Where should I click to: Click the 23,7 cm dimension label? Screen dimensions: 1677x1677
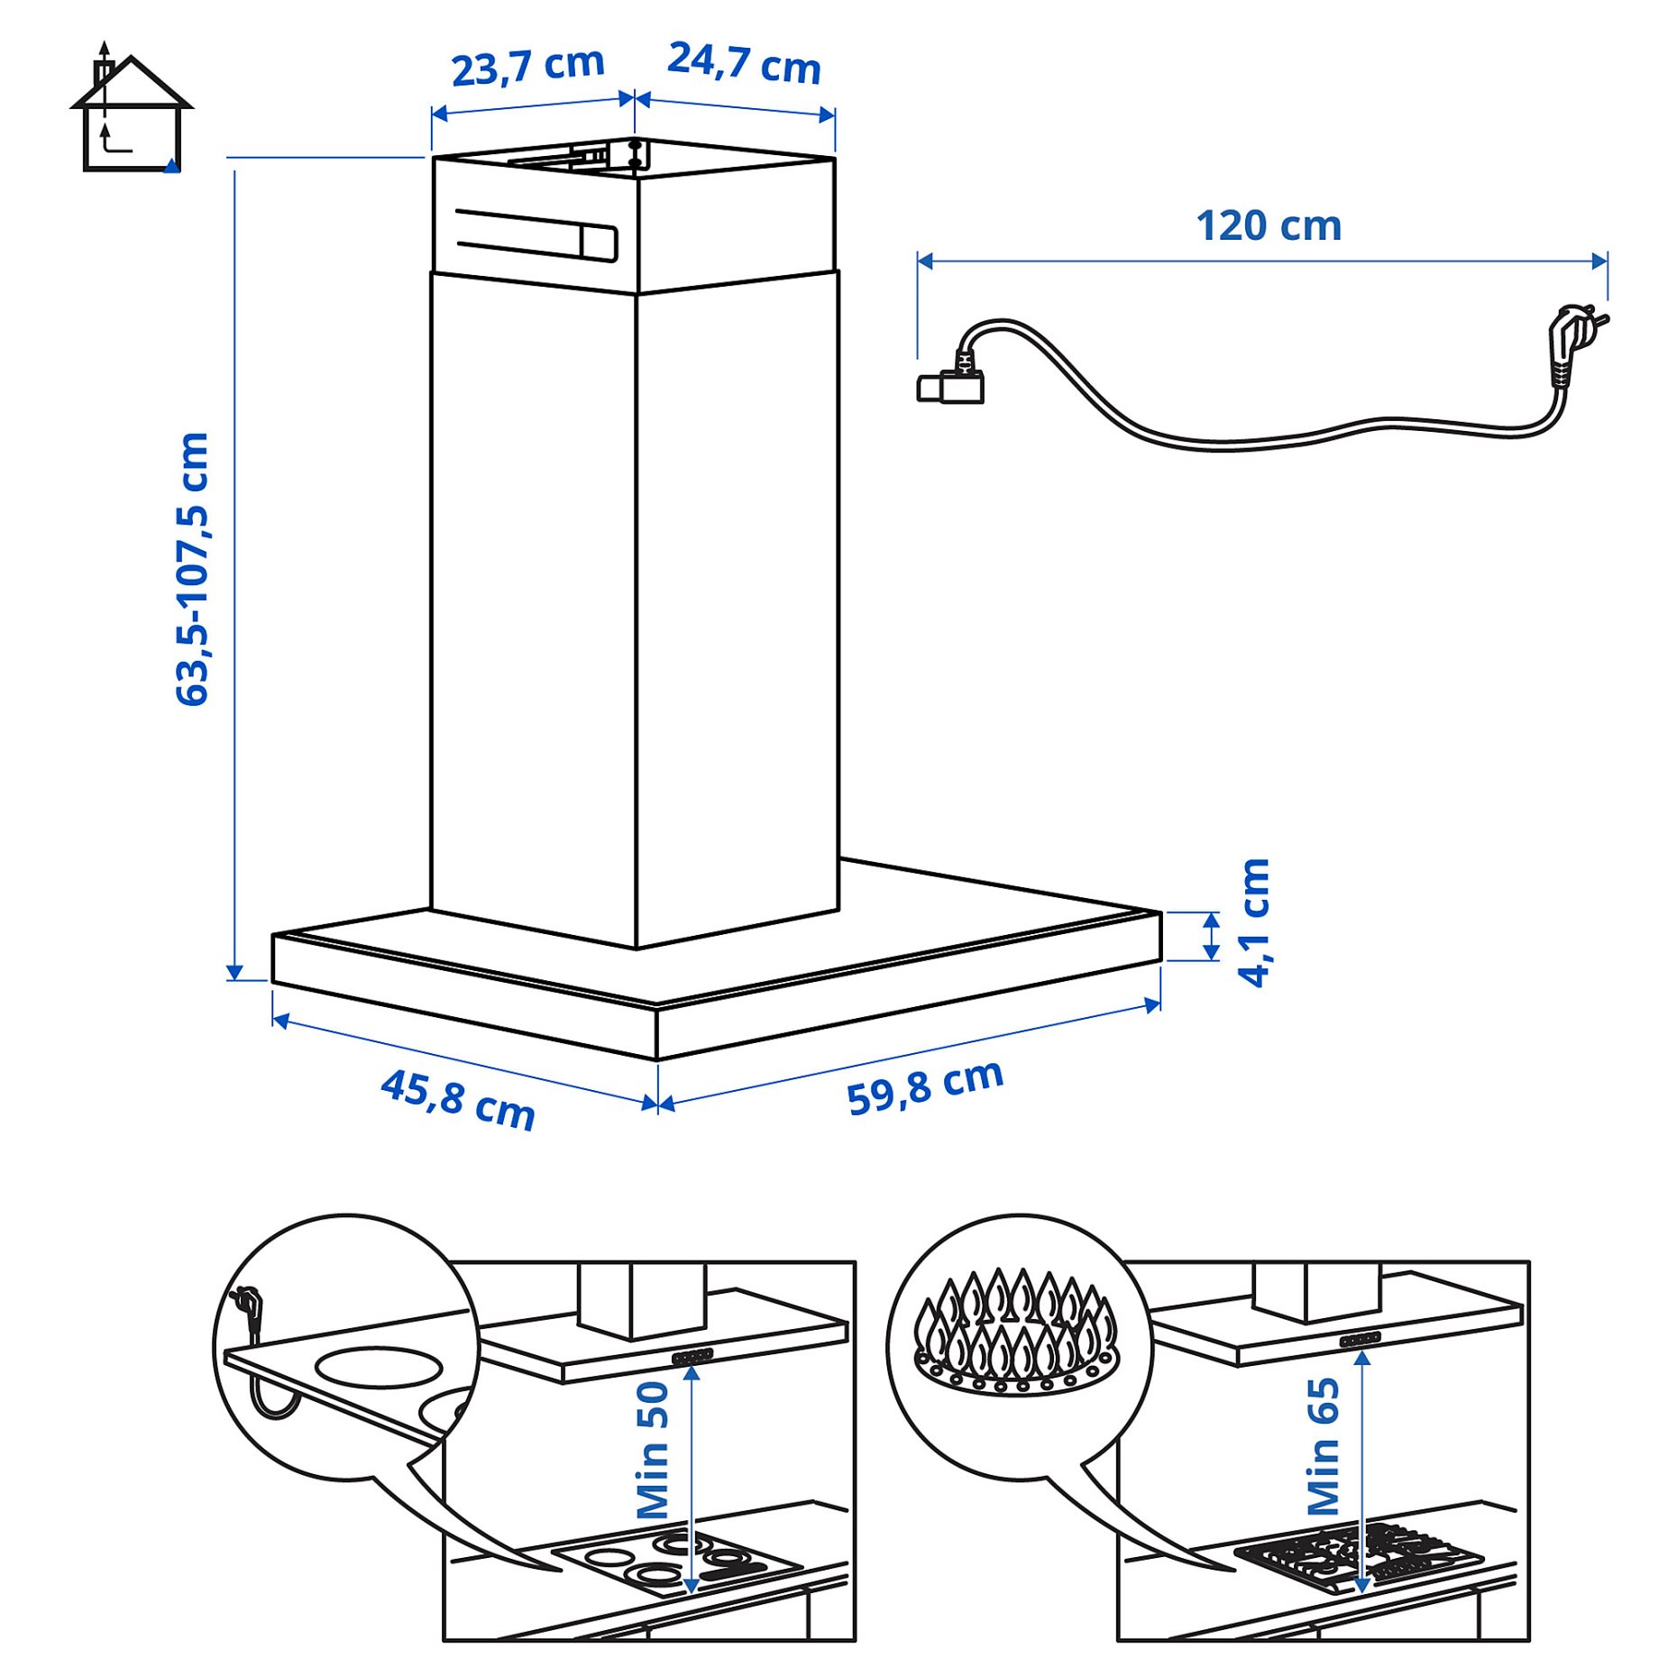(527, 66)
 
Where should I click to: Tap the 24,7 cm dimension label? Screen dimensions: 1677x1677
(744, 63)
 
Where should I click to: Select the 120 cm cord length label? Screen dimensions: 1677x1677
(1268, 225)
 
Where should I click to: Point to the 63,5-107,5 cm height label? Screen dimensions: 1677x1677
(192, 569)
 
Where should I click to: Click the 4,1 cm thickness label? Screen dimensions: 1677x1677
(1254, 922)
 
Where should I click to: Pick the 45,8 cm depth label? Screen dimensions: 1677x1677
(458, 1099)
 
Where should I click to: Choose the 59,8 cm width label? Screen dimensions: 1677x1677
(925, 1086)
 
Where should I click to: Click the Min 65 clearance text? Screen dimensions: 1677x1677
(1324, 1446)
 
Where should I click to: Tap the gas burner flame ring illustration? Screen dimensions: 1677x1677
(1016, 1335)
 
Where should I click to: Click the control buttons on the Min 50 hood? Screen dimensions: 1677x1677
(692, 1356)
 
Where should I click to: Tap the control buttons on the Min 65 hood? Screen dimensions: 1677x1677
(1360, 1340)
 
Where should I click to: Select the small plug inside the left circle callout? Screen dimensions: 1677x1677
(247, 1307)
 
